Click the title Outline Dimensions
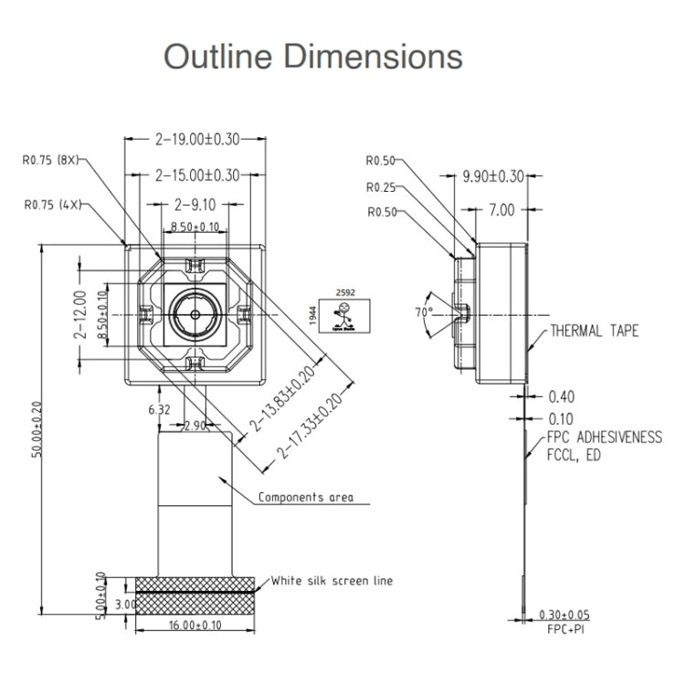click(x=313, y=57)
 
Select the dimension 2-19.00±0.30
click(x=196, y=140)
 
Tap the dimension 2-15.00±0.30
click(x=196, y=174)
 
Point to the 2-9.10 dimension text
click(x=195, y=205)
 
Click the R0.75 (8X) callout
click(x=51, y=159)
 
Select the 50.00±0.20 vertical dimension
click(x=37, y=429)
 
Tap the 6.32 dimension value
click(x=158, y=411)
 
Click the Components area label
click(x=305, y=498)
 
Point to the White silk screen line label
click(x=332, y=581)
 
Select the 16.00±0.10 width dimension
click(x=195, y=625)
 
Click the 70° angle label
click(x=424, y=312)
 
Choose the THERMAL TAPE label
click(x=594, y=331)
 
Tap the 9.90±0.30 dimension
click(x=493, y=176)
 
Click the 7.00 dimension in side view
click(x=501, y=210)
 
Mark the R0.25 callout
click(x=381, y=187)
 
